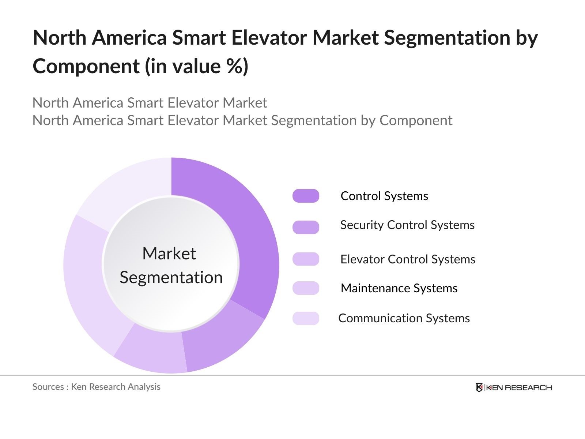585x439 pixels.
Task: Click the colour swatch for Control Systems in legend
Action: tap(306, 196)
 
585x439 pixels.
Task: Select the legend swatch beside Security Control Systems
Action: tap(306, 227)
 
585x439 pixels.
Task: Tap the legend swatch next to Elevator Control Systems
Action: tap(306, 259)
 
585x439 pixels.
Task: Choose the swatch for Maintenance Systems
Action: tap(306, 288)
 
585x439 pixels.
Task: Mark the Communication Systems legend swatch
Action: tap(306, 318)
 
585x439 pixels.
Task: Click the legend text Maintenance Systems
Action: tap(399, 288)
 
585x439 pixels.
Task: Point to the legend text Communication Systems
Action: tap(404, 318)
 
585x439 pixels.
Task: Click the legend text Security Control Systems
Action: tap(407, 225)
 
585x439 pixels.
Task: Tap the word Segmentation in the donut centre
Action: tap(171, 277)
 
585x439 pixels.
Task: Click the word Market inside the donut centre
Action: tap(169, 254)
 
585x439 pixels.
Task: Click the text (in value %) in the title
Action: tap(197, 66)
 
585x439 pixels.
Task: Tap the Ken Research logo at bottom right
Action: tap(513, 387)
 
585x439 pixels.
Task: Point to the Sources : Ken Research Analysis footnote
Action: tap(96, 387)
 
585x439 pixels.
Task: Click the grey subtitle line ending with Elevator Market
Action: tap(150, 103)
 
